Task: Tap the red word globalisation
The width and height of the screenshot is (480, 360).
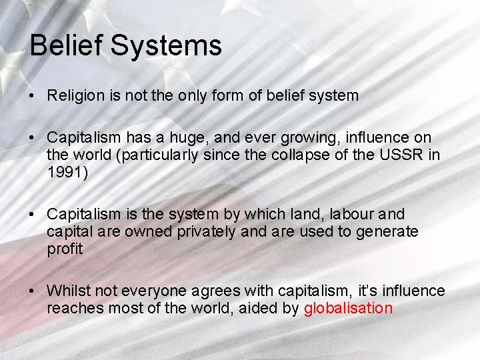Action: point(348,308)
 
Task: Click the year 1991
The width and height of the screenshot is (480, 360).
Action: point(63,173)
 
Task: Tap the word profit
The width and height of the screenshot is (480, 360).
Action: point(65,249)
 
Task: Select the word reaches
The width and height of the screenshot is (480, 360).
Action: point(71,308)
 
